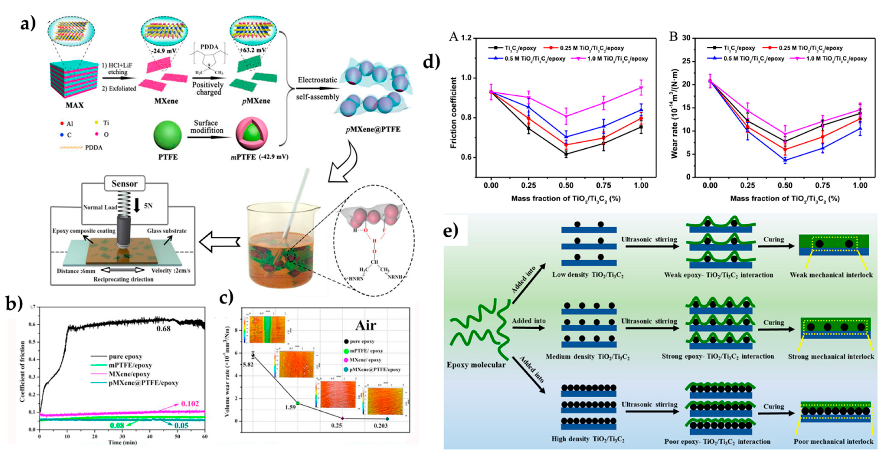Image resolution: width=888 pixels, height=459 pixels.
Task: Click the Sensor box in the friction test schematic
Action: pos(125,184)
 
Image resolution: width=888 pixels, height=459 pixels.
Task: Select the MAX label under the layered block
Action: pos(75,105)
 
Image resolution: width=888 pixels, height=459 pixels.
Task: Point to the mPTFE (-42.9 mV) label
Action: pos(259,157)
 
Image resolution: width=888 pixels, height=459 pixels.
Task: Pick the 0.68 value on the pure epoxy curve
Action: pos(163,329)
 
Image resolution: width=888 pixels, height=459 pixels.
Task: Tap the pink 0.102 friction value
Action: pos(190,403)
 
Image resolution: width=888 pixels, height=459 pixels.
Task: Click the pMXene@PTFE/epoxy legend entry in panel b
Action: pos(143,383)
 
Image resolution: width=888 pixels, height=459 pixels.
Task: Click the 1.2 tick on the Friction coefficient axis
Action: pos(466,38)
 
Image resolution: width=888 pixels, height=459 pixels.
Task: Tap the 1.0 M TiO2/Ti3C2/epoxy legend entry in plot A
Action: pos(617,59)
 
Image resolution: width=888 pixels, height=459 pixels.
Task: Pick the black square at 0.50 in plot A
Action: pos(566,154)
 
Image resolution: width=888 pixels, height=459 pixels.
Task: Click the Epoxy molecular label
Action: pos(476,365)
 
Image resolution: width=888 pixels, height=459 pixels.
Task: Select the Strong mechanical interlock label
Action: pos(831,357)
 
